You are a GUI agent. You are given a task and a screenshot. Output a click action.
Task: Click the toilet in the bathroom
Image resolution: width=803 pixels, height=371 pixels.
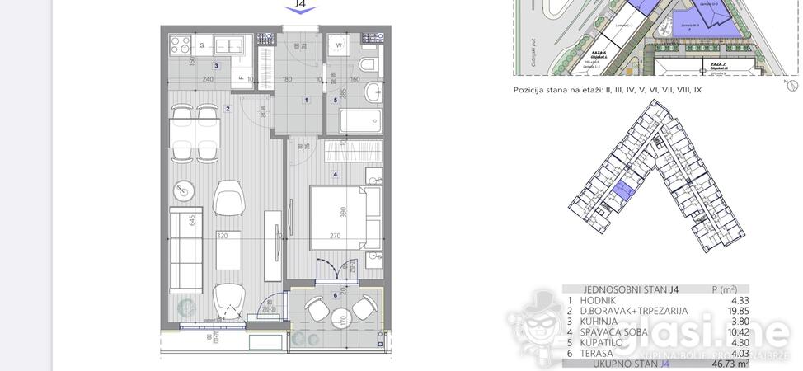point(368,66)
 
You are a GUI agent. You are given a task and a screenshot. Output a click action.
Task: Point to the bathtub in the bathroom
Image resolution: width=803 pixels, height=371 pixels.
point(352,122)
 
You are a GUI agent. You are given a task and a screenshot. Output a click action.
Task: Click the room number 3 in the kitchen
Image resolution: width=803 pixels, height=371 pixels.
point(216,65)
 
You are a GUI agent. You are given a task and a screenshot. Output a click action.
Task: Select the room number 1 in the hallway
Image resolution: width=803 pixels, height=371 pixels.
point(306,101)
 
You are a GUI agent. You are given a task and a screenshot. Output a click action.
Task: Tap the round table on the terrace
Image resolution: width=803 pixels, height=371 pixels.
point(338,318)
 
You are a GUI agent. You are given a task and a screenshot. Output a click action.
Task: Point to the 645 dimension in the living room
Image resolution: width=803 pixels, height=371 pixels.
point(192,220)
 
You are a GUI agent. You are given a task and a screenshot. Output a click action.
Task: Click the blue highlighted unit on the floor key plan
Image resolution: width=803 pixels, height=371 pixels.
point(620,195)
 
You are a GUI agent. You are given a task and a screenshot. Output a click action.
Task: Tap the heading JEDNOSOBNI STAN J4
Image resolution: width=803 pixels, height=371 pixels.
point(620,289)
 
